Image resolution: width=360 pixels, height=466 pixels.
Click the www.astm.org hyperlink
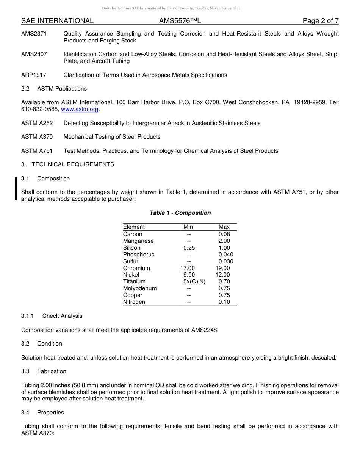80,109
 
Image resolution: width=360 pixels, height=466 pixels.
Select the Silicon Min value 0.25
189,248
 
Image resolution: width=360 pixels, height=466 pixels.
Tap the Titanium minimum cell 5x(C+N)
194,281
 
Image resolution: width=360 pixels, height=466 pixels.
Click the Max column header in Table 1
224,227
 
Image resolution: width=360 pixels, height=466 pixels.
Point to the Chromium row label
136,268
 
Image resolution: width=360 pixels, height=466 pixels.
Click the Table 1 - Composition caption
180,213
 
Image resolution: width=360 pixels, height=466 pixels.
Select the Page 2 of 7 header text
320,21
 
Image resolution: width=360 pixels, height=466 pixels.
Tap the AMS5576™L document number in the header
180,21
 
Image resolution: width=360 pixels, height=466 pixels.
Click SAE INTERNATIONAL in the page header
57,21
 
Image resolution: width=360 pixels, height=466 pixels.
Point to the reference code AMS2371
34,34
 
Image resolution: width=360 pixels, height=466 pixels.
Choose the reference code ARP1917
34,75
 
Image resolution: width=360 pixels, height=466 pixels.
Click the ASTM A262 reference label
37,123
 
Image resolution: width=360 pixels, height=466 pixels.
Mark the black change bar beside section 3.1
16,188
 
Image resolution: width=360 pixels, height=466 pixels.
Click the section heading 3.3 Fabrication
44,371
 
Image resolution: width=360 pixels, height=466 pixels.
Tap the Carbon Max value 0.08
224,234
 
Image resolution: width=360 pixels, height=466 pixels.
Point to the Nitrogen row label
134,302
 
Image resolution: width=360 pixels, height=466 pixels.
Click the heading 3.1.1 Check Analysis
52,316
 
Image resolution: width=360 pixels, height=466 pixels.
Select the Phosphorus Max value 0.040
225,255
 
